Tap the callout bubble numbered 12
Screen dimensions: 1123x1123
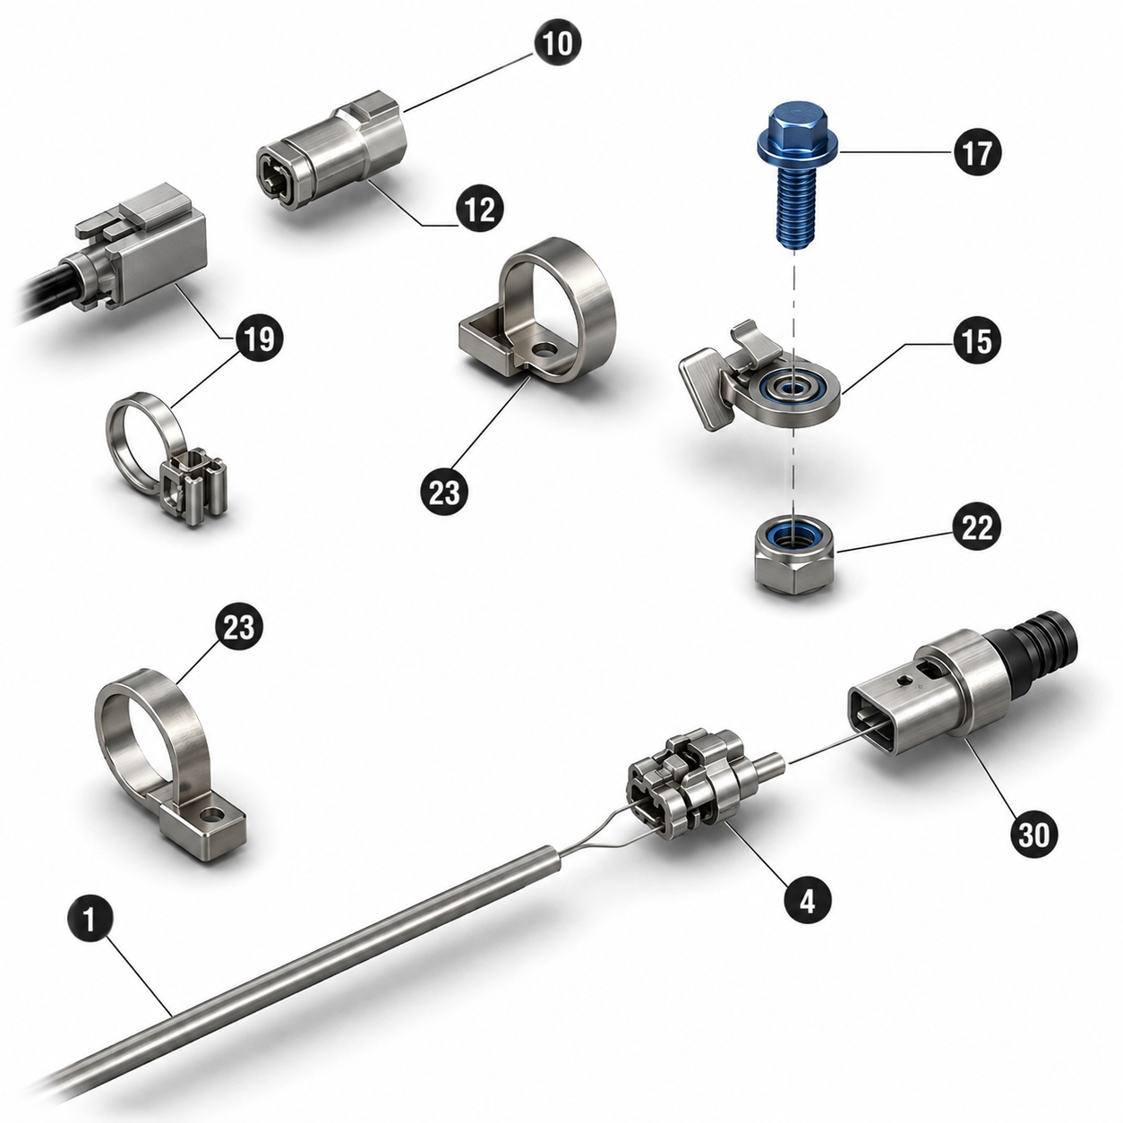480,209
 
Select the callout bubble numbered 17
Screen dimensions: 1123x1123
977,152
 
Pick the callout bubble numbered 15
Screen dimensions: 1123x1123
977,341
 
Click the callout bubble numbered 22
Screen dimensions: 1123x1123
977,528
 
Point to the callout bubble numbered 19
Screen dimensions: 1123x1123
258,339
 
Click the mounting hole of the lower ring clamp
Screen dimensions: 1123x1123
214,813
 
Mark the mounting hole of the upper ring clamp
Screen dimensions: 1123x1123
545,351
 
